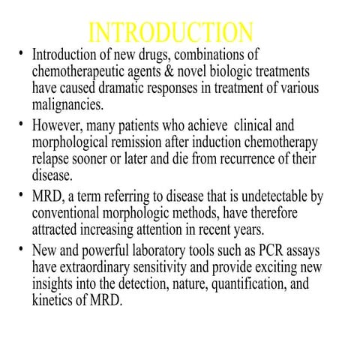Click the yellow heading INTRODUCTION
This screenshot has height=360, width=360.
click(x=170, y=34)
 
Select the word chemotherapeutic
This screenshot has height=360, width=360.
click(x=79, y=72)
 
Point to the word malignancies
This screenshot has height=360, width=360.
click(x=67, y=104)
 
